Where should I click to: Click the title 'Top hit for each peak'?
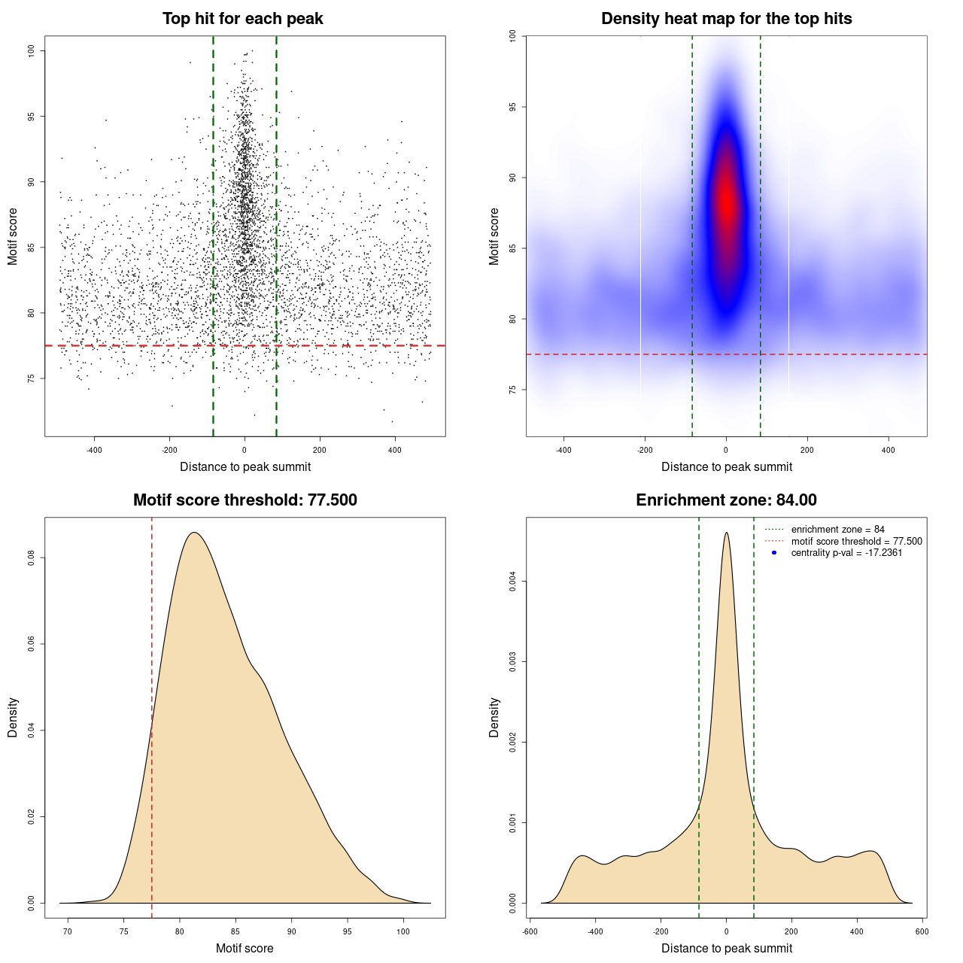click(x=243, y=19)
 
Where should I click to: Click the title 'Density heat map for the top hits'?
click(x=726, y=19)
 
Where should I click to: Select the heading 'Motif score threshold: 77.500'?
click(x=245, y=500)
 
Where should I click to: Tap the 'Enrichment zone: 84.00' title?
click(x=726, y=500)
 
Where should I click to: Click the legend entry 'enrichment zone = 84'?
click(x=837, y=530)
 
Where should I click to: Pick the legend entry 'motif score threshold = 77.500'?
click(x=856, y=541)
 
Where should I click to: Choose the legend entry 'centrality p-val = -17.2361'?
click(x=846, y=553)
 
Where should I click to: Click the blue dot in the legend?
click(x=774, y=553)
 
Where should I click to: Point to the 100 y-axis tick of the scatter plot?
click(x=31, y=50)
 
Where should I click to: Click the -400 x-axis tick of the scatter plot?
click(x=94, y=450)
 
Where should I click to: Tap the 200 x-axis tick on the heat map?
click(x=807, y=450)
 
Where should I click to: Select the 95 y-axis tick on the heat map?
click(x=512, y=108)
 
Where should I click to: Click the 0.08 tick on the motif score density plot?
click(x=31, y=557)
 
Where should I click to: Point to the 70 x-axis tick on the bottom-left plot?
click(x=68, y=931)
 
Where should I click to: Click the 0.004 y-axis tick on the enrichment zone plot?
click(x=512, y=582)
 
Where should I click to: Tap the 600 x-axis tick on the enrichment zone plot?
click(x=922, y=931)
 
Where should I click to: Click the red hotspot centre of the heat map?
click(x=727, y=201)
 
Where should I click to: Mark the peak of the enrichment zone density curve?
click(x=726, y=533)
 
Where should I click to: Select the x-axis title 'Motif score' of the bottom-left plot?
click(x=245, y=948)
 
